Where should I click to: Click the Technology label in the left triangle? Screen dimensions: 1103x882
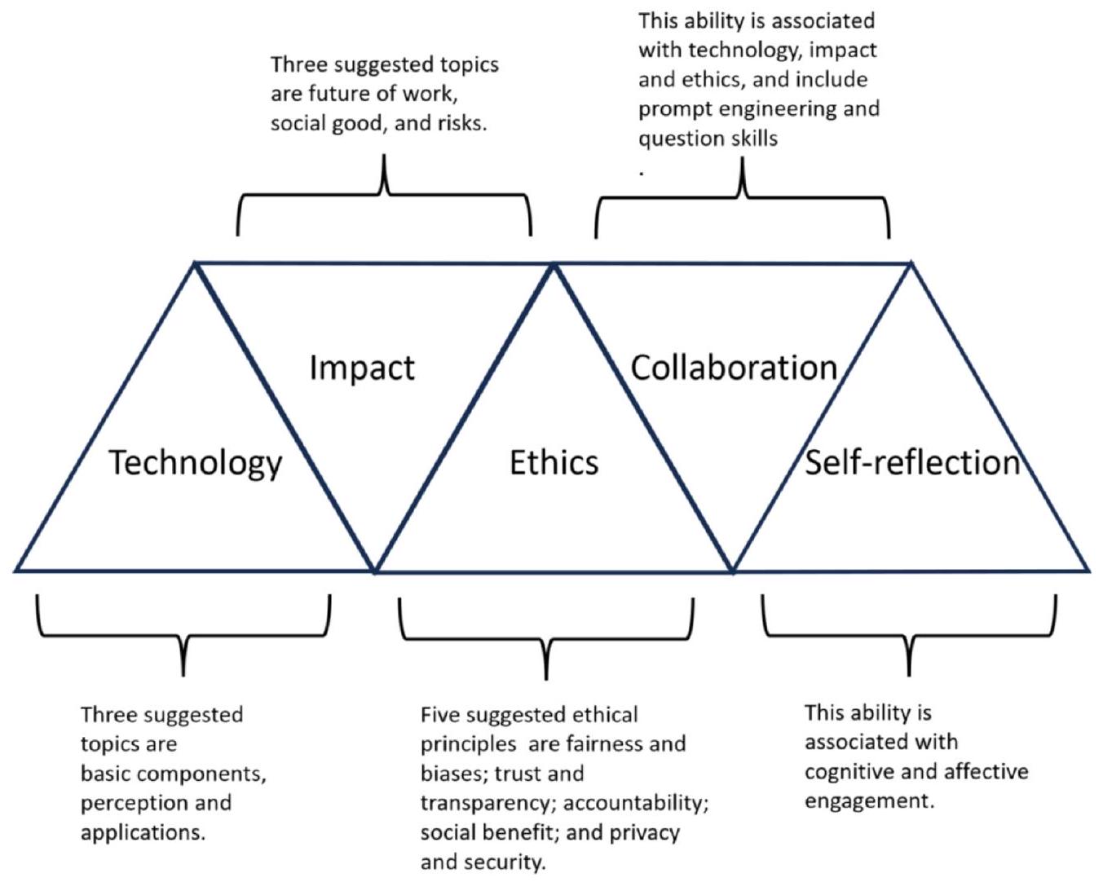click(195, 463)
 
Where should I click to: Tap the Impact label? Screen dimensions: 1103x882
click(362, 368)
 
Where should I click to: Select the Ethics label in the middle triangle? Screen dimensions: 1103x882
click(554, 462)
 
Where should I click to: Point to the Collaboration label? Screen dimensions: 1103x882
click(734, 368)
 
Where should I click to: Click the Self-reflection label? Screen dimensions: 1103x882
click(912, 462)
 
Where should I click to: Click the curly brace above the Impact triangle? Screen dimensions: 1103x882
click(384, 196)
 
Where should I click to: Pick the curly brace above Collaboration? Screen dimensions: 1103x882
click(742, 197)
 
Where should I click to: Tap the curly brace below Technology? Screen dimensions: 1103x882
click(183, 636)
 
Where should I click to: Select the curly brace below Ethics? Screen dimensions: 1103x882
click(546, 638)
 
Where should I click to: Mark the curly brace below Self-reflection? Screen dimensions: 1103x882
click(909, 636)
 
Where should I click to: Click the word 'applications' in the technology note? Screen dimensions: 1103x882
click(143, 834)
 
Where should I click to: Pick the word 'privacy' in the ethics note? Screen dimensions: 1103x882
click(646, 834)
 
